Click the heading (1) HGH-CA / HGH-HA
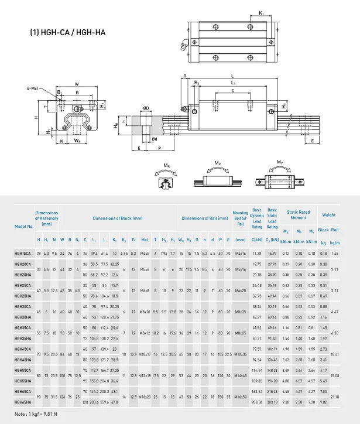68,33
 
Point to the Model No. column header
24,226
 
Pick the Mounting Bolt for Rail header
241,218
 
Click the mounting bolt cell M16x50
241,396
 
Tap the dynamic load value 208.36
256,402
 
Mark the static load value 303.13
272,402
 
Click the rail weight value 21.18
335,396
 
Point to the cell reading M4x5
145,254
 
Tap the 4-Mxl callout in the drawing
33,88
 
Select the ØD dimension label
145,108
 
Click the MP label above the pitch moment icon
218,162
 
